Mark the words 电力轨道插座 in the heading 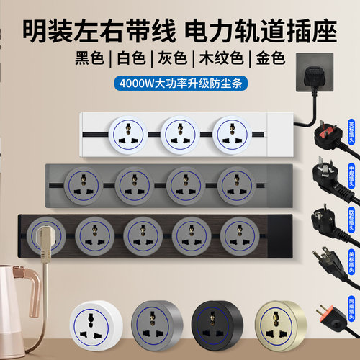coord(251,30)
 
